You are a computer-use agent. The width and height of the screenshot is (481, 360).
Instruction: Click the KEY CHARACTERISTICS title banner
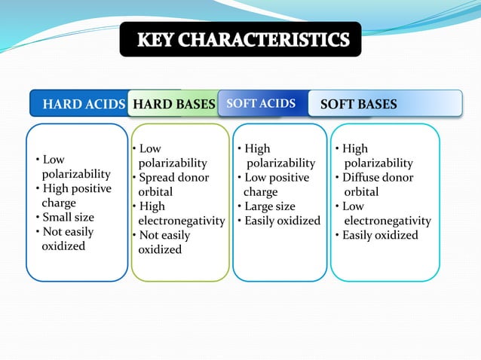point(240,39)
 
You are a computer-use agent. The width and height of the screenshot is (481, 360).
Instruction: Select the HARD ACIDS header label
point(83,104)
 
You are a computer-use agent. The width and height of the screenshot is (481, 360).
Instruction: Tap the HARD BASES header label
point(173,104)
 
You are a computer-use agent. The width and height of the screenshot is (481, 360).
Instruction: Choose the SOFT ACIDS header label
point(261,103)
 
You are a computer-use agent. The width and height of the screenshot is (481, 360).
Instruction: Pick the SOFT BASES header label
point(359,104)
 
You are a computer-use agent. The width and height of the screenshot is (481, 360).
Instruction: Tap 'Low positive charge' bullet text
point(273,185)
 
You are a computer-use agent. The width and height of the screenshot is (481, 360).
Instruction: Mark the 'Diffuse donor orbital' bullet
point(375,185)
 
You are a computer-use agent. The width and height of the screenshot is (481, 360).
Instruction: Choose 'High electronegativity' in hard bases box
point(179,213)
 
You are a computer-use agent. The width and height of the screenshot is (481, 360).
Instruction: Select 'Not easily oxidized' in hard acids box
point(65,239)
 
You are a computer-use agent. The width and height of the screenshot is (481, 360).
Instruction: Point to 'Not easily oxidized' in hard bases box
point(163,242)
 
